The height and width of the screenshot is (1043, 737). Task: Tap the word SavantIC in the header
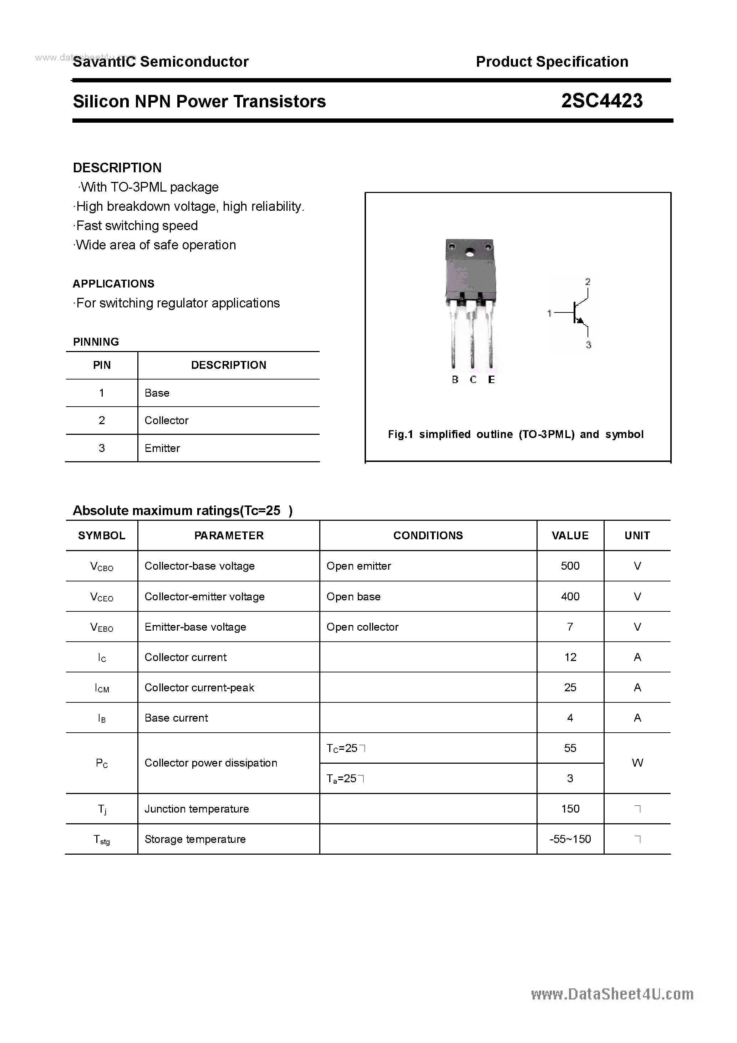coord(104,62)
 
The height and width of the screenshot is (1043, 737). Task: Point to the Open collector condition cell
coord(362,627)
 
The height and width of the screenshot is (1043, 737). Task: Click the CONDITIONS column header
coord(428,535)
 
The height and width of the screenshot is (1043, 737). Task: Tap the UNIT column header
coord(637,535)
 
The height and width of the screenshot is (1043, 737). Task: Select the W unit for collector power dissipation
coord(637,763)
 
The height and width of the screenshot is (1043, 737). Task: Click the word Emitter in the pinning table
coord(162,448)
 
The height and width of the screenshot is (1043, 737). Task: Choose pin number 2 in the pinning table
coord(102,421)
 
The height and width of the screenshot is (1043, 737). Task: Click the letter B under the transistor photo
coord(455,380)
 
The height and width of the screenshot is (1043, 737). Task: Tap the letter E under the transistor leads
coord(491,380)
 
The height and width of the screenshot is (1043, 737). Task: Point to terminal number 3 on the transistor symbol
coord(588,345)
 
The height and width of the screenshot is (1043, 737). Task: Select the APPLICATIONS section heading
coord(113,284)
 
